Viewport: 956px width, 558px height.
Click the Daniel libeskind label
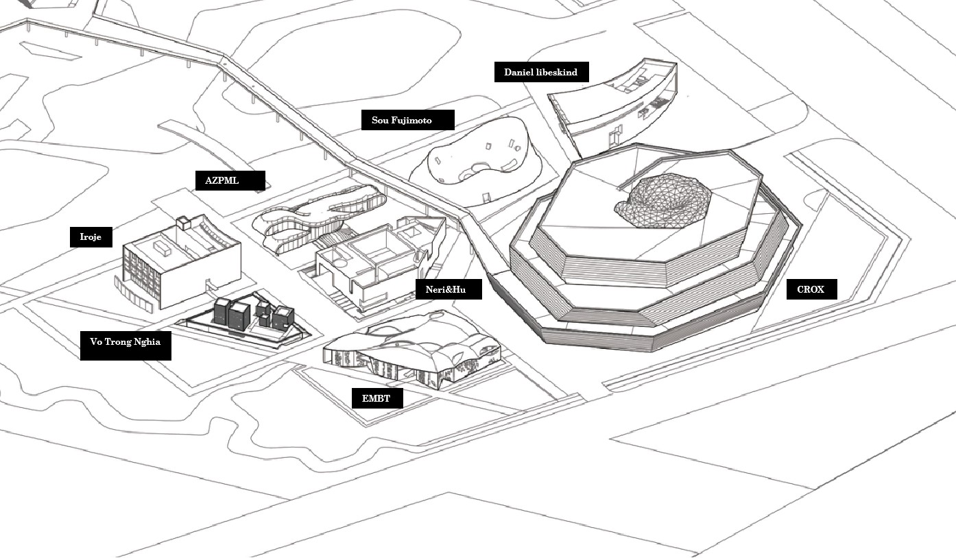coord(541,72)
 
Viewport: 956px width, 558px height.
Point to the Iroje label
coord(91,237)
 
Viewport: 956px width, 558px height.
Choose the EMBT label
coord(377,398)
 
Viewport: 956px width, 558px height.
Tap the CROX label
coord(811,289)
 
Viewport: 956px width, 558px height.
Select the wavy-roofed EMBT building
coord(411,350)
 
